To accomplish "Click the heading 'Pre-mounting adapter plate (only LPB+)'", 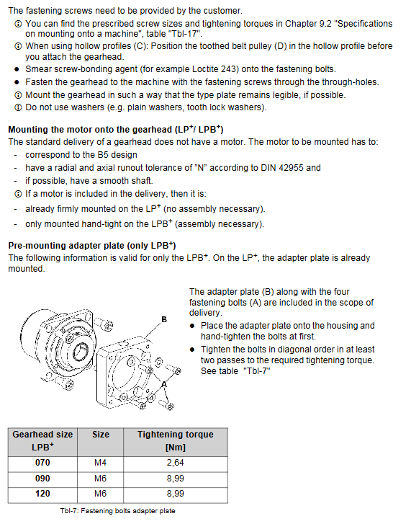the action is pyautogui.click(x=92, y=245).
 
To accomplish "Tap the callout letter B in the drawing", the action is pyautogui.click(x=164, y=319).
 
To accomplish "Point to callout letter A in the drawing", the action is pyautogui.click(x=164, y=384).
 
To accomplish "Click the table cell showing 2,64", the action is pyautogui.click(x=175, y=463).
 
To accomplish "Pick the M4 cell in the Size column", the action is pyautogui.click(x=100, y=463).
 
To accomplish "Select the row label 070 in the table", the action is pyautogui.click(x=42, y=463).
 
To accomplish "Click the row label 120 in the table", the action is pyautogui.click(x=42, y=494).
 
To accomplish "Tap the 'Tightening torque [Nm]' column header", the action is pyautogui.click(x=176, y=441).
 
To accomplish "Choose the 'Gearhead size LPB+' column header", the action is pyautogui.click(x=42, y=441).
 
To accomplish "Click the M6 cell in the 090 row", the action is pyautogui.click(x=100, y=479).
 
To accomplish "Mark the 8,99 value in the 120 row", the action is pyautogui.click(x=175, y=494).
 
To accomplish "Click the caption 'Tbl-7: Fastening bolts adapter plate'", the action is pyautogui.click(x=117, y=511).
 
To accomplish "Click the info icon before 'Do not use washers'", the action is pyautogui.click(x=18, y=107).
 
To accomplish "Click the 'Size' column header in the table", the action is pyautogui.click(x=101, y=434).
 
